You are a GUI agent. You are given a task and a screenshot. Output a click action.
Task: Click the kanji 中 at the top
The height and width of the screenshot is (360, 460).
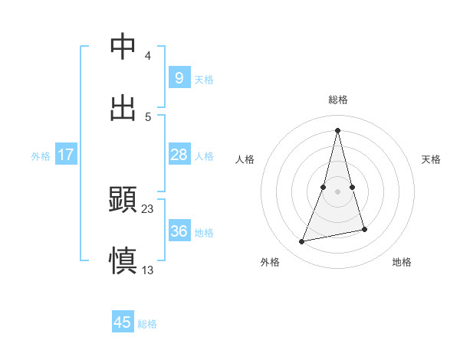pyautogui.click(x=123, y=47)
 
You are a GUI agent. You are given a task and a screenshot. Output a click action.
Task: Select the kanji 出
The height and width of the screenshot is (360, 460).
pyautogui.click(x=123, y=109)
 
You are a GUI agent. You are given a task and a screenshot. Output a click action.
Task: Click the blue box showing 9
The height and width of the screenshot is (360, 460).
pyautogui.click(x=179, y=78)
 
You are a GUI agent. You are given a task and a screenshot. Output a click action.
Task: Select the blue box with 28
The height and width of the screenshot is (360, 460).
pyautogui.click(x=179, y=155)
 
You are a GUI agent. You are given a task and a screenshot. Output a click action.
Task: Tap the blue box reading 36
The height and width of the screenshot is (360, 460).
pyautogui.click(x=179, y=231)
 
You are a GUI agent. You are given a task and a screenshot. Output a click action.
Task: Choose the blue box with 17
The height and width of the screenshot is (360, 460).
pyautogui.click(x=66, y=155)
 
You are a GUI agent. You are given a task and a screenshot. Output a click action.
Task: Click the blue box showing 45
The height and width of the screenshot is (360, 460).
pyautogui.click(x=123, y=322)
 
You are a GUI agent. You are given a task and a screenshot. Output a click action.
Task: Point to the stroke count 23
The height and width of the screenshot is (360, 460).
pyautogui.click(x=148, y=208)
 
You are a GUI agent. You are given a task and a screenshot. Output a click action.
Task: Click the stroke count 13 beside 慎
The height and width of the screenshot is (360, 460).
pyautogui.click(x=148, y=270)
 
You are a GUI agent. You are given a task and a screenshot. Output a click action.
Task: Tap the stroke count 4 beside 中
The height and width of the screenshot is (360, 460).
pyautogui.click(x=148, y=56)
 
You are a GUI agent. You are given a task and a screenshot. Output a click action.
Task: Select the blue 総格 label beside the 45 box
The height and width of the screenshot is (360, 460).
pyautogui.click(x=147, y=324)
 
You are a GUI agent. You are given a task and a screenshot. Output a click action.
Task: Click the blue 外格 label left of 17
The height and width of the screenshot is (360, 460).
pyautogui.click(x=41, y=156)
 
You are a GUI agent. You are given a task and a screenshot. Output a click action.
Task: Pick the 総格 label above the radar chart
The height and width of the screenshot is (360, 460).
pyautogui.click(x=338, y=100)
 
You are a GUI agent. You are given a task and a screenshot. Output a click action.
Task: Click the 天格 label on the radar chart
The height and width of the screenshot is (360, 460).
pyautogui.click(x=432, y=159)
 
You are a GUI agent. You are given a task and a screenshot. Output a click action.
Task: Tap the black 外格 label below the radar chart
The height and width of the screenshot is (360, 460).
pyautogui.click(x=270, y=262)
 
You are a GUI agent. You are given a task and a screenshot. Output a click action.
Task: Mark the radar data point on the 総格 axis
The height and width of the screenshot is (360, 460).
pyautogui.click(x=338, y=129)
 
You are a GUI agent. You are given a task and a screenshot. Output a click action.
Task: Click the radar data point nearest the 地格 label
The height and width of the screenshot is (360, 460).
pyautogui.click(x=364, y=229)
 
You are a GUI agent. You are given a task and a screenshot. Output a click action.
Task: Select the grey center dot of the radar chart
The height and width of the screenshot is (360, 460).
pyautogui.click(x=338, y=191)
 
